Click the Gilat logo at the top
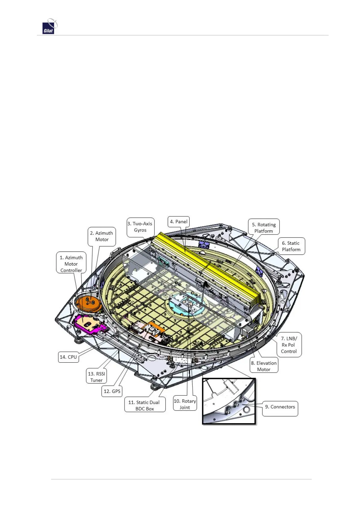pos(50,27)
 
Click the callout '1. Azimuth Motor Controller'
pos(71,264)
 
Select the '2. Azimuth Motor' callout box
pos(102,236)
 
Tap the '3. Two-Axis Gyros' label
pos(140,227)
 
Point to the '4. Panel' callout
pos(178,222)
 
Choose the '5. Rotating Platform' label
pos(264,228)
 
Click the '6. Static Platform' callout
pos(291,246)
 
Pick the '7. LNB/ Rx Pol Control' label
pos(289,345)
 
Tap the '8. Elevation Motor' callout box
pos(264,366)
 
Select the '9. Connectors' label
pos(280,407)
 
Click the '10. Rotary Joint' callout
pos(185,404)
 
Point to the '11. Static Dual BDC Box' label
pos(144,405)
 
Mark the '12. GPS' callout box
pos(112,391)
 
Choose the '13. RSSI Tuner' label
pos(96,377)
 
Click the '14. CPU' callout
pos(68,357)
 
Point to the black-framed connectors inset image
pos(229,401)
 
